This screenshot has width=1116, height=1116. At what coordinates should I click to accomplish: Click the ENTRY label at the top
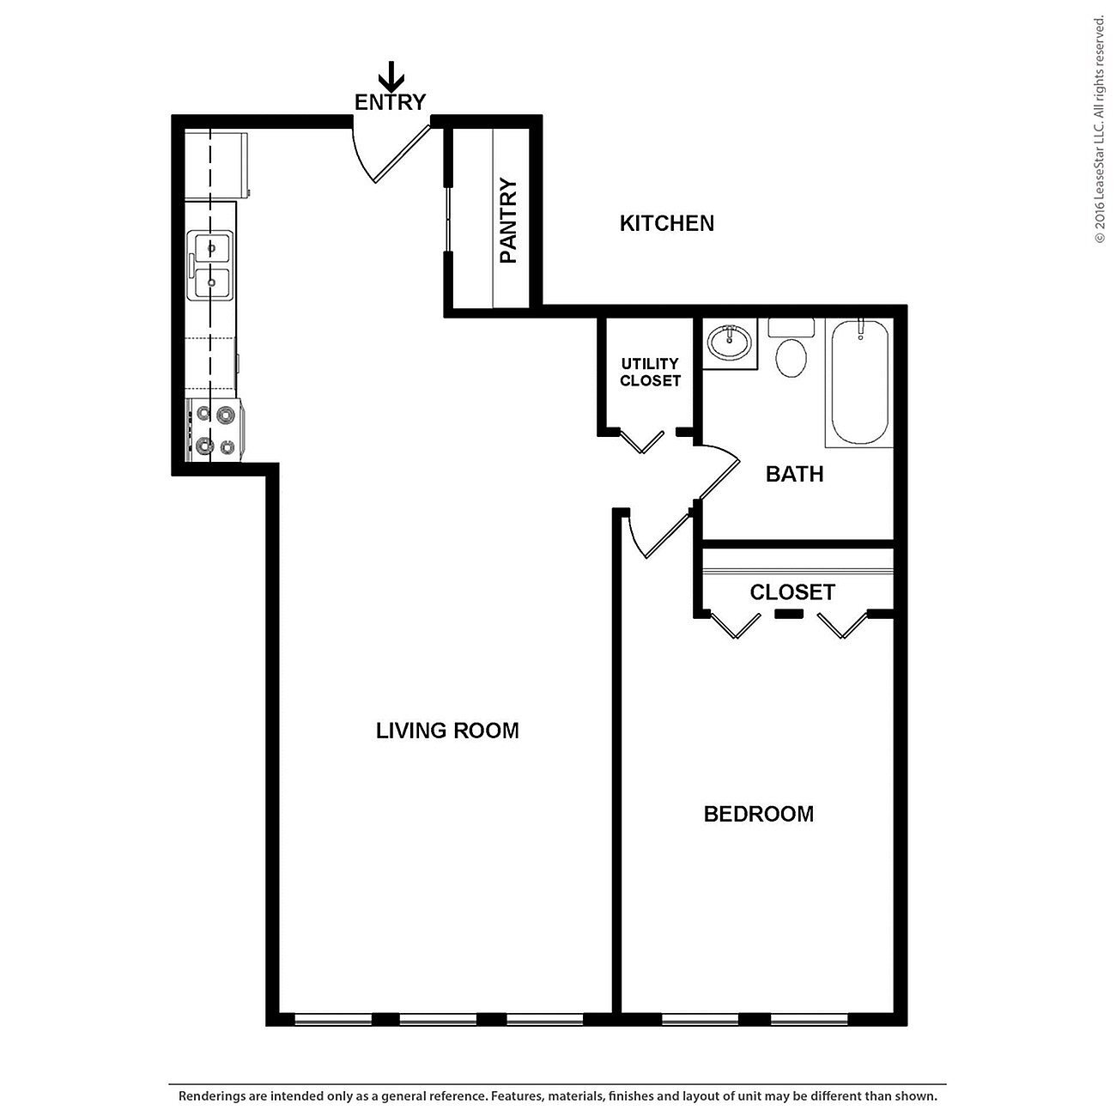coord(391,102)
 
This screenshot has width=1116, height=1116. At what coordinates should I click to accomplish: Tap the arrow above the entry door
coord(391,77)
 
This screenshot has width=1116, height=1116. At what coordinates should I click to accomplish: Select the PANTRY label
coord(509,221)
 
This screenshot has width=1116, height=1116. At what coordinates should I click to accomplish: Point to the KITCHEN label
coord(667,223)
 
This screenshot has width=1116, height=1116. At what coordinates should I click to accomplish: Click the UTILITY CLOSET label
coord(650,372)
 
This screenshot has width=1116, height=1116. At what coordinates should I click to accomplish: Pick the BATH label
coord(794,474)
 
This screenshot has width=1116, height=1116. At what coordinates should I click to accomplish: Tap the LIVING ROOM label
coord(447,731)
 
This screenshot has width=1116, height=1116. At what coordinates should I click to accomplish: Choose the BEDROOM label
coord(758,814)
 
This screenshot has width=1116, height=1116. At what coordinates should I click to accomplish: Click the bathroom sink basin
coord(730,343)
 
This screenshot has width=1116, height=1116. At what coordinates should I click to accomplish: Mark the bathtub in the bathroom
coord(859,382)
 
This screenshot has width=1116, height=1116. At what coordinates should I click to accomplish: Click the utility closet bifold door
coord(641,441)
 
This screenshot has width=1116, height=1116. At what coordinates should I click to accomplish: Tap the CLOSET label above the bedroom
coord(792,592)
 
